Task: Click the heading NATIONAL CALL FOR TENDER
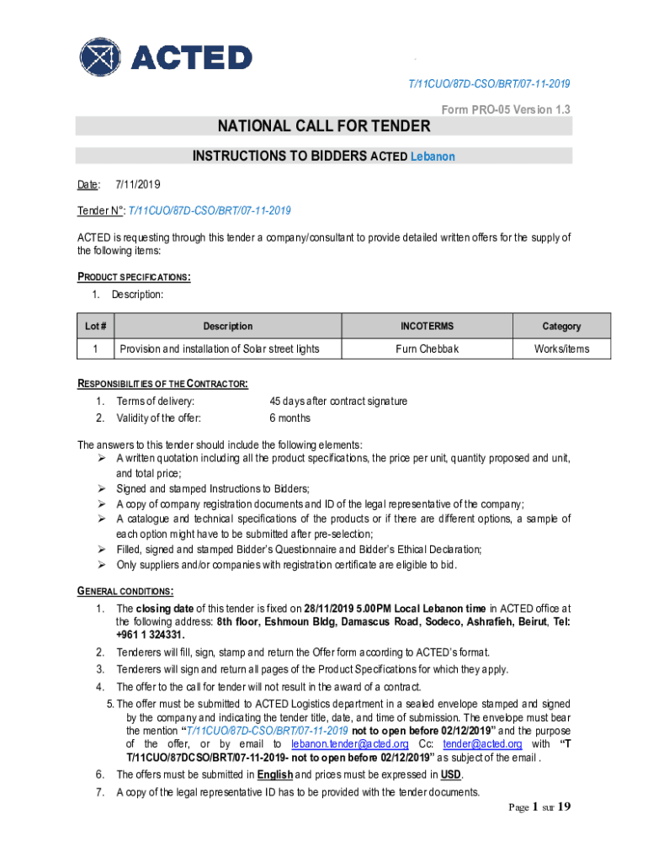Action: coord(324,126)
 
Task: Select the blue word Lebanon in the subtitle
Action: coord(433,157)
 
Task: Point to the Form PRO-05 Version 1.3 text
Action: coord(506,110)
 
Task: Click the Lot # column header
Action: coord(96,326)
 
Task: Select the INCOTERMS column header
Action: coord(427,326)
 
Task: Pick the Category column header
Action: coord(561,326)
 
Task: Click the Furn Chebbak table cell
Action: coord(427,349)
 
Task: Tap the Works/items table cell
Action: coord(561,349)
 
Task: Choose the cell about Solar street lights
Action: coord(219,349)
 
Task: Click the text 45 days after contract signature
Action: coord(338,401)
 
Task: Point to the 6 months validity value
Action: coord(289,418)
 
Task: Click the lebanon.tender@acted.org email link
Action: coord(350,744)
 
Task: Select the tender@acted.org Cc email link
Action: coord(482,744)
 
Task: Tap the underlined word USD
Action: coord(451,774)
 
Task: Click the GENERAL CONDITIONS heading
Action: coord(125,591)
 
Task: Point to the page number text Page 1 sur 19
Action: coord(539,807)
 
